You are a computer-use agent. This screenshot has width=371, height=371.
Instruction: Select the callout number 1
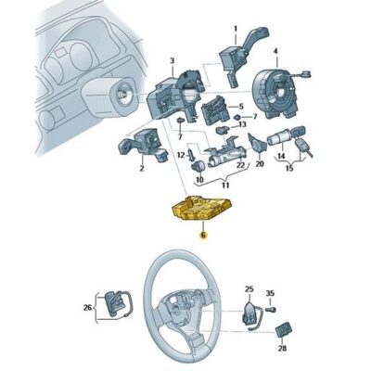pos(236,29)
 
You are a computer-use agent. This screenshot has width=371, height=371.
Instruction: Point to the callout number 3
pos(173,60)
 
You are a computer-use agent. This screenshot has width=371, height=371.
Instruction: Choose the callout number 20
pos(260,163)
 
